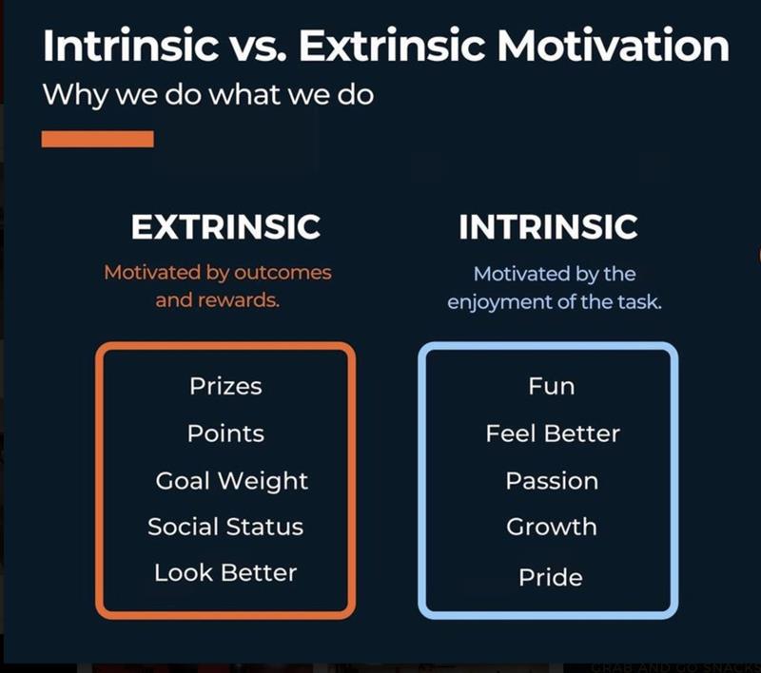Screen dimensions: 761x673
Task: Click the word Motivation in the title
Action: click(613, 45)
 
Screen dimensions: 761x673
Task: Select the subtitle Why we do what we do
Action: click(208, 95)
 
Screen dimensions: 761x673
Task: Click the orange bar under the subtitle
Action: click(98, 139)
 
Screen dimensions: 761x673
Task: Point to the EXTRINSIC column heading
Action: click(225, 227)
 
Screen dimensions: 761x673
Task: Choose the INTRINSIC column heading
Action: click(549, 227)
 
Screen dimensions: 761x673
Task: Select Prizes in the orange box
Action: click(225, 387)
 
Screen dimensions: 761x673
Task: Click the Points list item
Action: click(225, 433)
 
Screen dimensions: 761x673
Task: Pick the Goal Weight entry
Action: click(232, 481)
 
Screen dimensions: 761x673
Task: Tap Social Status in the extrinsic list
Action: click(225, 527)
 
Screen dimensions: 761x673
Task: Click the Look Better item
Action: click(225, 572)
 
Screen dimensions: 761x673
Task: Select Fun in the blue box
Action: click(552, 387)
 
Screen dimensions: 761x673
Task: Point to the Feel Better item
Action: click(553, 433)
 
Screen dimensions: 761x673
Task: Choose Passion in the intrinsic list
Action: click(552, 481)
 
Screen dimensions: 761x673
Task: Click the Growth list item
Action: click(552, 527)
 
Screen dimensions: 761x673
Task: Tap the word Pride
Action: click(551, 577)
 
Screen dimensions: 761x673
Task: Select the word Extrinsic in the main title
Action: click(392, 45)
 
